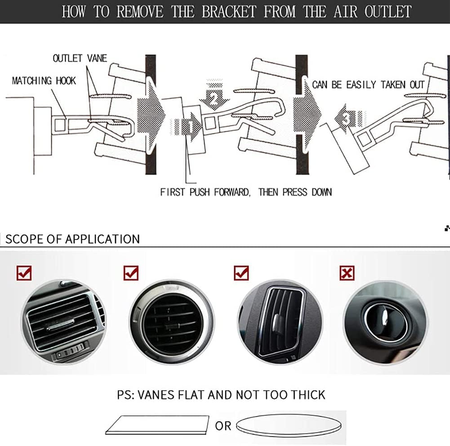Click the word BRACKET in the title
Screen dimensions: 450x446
click(229, 12)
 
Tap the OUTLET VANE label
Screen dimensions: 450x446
click(80, 58)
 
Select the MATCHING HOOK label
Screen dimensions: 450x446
click(44, 80)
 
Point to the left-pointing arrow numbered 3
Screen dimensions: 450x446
click(350, 118)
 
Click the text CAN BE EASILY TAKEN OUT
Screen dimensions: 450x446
click(368, 85)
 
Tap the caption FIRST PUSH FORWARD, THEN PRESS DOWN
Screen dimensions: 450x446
click(246, 192)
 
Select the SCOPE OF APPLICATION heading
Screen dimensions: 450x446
click(73, 239)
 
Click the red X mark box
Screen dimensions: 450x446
click(347, 272)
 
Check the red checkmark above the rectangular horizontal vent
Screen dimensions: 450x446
click(24, 272)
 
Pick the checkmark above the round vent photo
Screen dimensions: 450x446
click(131, 272)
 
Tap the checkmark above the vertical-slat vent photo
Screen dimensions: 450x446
click(241, 272)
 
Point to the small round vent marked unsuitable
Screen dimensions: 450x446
click(384, 323)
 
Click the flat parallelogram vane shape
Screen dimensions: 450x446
click(157, 424)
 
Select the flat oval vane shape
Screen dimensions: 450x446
click(289, 425)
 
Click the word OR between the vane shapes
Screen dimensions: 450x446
click(223, 426)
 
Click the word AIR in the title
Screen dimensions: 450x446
click(345, 12)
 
